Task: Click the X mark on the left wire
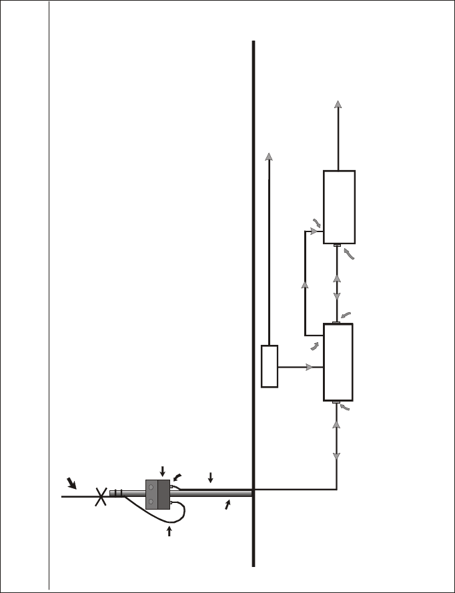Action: click(x=101, y=496)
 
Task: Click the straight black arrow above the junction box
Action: click(x=161, y=472)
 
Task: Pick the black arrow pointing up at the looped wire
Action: click(x=169, y=531)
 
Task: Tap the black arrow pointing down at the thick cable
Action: click(x=210, y=478)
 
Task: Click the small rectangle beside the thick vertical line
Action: click(x=270, y=366)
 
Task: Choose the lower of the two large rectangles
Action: click(x=338, y=362)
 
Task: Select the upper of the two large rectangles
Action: click(x=339, y=207)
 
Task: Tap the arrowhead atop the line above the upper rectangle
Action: click(x=338, y=103)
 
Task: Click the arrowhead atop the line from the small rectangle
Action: click(x=269, y=156)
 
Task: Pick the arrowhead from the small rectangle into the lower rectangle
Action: click(x=310, y=367)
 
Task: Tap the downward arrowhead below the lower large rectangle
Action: click(x=336, y=456)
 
